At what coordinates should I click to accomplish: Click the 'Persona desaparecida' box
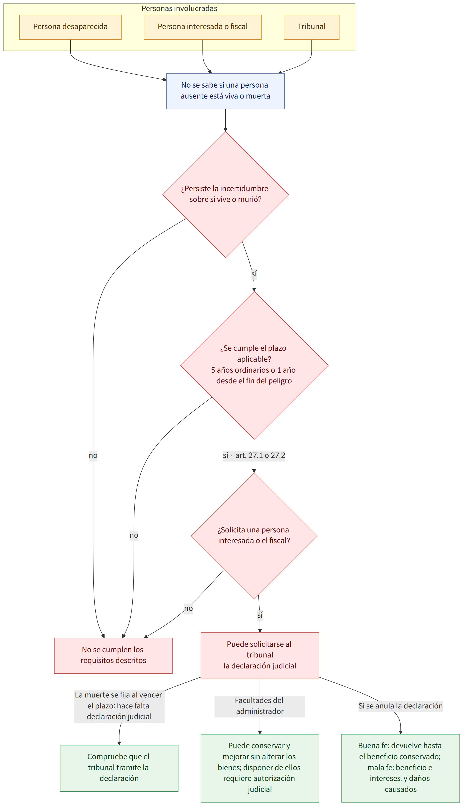[70, 27]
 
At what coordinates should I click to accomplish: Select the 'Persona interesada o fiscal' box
[203, 27]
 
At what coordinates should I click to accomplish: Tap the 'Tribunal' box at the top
[311, 27]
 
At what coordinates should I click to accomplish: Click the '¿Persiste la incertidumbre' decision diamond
[225, 195]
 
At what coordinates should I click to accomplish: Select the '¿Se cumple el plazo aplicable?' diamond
[254, 365]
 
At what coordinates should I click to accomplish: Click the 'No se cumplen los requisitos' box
[113, 656]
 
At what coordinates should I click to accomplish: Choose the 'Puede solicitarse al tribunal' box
[260, 656]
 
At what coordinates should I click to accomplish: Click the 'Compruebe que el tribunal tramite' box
[119, 768]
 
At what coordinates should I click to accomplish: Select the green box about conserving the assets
[260, 768]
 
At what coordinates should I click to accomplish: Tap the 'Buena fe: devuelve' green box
[401, 768]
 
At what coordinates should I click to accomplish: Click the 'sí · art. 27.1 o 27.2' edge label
[254, 456]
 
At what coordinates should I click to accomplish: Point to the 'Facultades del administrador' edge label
[260, 706]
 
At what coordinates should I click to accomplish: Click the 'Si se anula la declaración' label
[401, 706]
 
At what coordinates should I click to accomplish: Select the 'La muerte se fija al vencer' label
[119, 706]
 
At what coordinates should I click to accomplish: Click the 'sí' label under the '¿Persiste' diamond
[254, 274]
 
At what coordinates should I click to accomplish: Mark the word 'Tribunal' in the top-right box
[311, 27]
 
